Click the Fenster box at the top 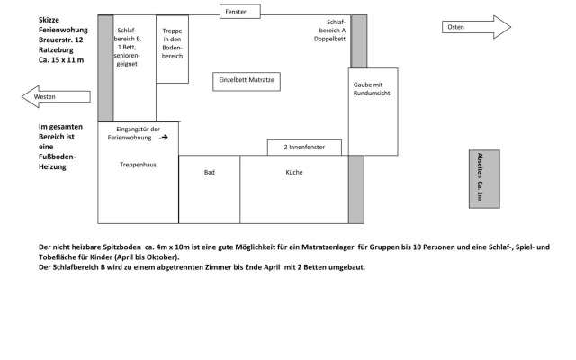point(240,12)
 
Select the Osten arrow point(476,28)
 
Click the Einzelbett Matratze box point(247,80)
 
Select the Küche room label point(294,172)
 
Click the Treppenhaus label point(138,165)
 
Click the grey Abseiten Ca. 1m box point(483,178)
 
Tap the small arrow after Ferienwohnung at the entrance point(164,138)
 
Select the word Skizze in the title point(51,19)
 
